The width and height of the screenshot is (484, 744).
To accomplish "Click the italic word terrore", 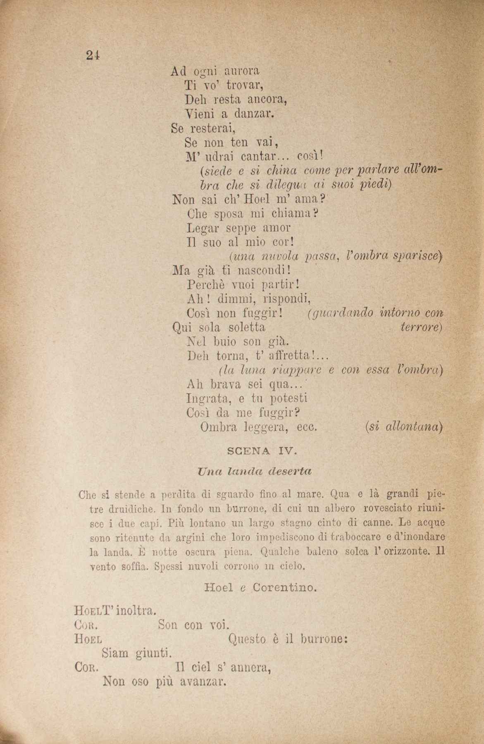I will click(421, 327).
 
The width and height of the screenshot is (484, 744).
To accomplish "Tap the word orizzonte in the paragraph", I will click(405, 552).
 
